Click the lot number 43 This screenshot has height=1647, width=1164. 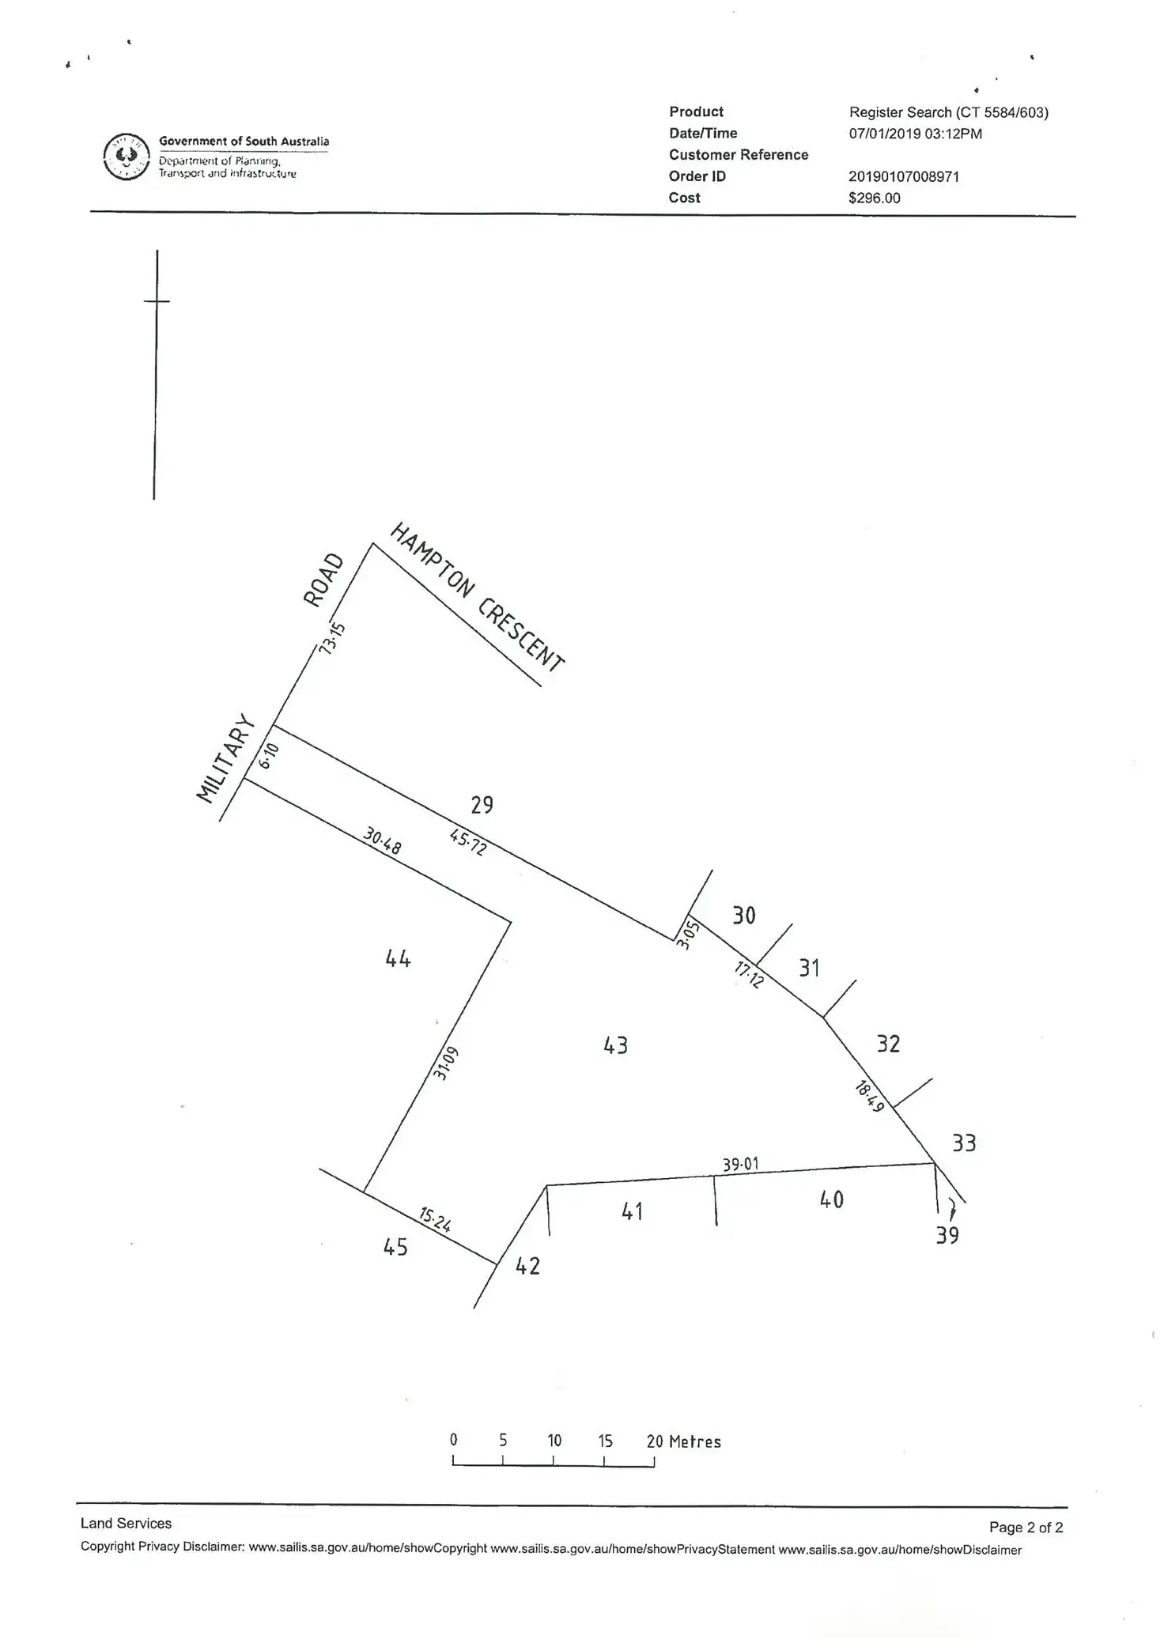(x=615, y=1045)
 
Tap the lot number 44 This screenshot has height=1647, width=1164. (x=398, y=959)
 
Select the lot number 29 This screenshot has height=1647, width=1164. (x=482, y=805)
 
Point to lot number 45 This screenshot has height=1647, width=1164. (x=395, y=1247)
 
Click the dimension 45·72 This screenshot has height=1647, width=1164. (x=468, y=842)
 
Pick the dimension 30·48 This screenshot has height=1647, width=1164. (x=383, y=840)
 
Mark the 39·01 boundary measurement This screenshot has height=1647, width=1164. (x=740, y=1165)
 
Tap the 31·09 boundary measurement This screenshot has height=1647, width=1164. (x=446, y=1063)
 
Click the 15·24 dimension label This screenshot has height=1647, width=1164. (x=435, y=1220)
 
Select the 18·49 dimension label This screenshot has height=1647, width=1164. (x=869, y=1097)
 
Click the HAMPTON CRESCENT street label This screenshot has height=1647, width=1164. (x=478, y=597)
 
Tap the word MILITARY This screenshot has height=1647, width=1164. (x=226, y=758)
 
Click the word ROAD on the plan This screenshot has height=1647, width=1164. (x=324, y=580)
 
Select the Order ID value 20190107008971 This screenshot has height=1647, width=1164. (x=904, y=176)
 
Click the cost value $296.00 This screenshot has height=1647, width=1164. (x=875, y=198)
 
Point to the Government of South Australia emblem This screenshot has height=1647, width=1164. (x=127, y=157)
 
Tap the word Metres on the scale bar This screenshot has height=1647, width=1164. (x=695, y=1441)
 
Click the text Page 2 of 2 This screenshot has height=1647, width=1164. (x=1026, y=1528)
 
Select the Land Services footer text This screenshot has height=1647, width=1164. (x=126, y=1523)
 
